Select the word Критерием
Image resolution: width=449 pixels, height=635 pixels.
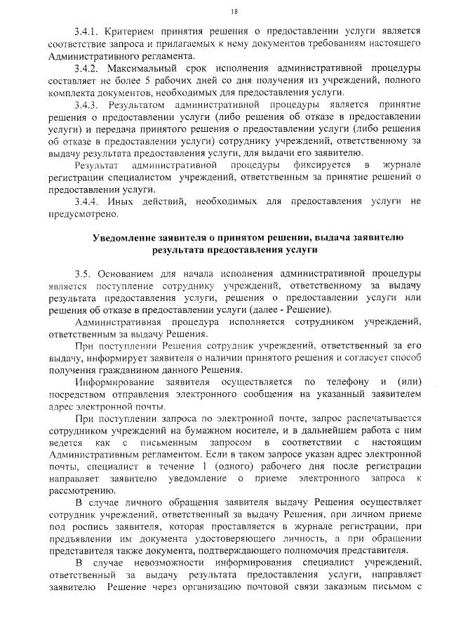point(128,31)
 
